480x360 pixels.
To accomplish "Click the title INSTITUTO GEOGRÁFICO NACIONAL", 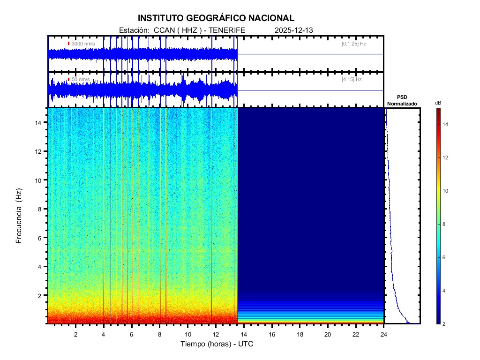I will [x=216, y=18].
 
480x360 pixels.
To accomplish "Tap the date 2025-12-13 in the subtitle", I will [x=294, y=30].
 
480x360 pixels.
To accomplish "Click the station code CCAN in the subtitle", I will [x=164, y=30].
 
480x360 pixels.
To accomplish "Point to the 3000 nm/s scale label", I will [x=83, y=44].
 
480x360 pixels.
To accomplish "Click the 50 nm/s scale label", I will [x=80, y=80].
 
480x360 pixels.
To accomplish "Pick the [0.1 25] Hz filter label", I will [x=353, y=44].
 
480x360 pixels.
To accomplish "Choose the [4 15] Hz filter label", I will [x=352, y=80].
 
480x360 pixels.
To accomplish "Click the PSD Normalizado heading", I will [x=402, y=100].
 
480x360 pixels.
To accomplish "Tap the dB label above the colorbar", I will [x=438, y=103].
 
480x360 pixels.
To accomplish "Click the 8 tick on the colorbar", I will [x=445, y=225].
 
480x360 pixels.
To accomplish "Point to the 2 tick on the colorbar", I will [x=445, y=324].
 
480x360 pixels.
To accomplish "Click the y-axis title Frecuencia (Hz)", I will [x=19, y=216].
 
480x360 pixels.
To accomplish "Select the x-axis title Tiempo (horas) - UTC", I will [x=217, y=344].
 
